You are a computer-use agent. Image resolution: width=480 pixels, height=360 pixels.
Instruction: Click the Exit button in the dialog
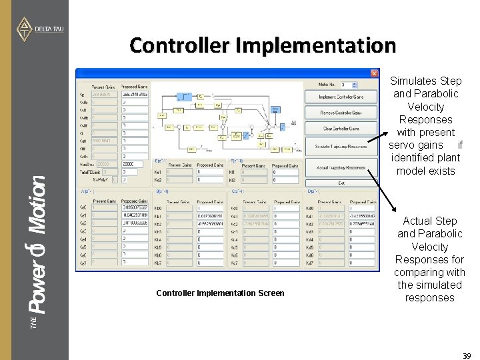tap(340, 183)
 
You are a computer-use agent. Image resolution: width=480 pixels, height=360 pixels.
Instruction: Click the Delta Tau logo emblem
tap(25, 29)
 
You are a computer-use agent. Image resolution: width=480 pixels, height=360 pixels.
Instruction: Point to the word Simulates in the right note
tap(426, 81)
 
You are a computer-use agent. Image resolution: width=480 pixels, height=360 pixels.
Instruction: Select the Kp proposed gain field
tap(135, 94)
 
